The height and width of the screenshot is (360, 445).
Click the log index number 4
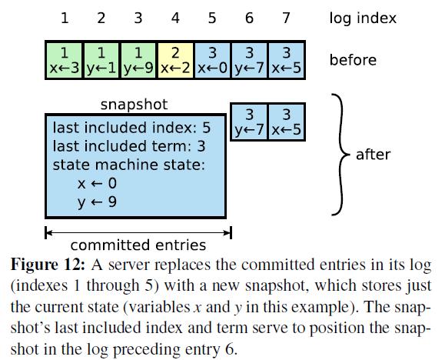coord(175,18)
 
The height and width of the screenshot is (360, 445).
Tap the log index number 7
coord(287,18)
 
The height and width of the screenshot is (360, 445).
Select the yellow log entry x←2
coord(175,60)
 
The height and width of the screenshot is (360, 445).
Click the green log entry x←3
coord(65,60)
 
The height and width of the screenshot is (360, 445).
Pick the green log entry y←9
coord(138,60)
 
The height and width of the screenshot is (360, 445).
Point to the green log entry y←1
coord(101,60)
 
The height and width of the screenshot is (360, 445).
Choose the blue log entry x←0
coord(212,60)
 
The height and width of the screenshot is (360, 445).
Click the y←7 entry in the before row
coord(250,60)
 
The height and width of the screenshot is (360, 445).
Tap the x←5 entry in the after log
coord(287,122)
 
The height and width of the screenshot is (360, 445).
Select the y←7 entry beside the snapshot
coord(249,122)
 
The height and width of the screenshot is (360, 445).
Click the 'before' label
coord(353,60)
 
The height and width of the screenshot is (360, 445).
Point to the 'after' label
coord(374,155)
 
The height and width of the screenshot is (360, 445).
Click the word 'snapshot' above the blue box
coord(134,105)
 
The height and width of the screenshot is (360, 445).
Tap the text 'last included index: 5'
coord(131,128)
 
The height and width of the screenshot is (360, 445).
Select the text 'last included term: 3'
coord(129,146)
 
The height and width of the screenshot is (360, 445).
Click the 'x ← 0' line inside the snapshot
coord(97,183)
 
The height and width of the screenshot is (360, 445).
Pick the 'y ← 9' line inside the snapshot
coord(97,202)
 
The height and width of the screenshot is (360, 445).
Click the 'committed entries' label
coord(138,245)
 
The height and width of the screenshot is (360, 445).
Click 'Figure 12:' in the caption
coord(48,265)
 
